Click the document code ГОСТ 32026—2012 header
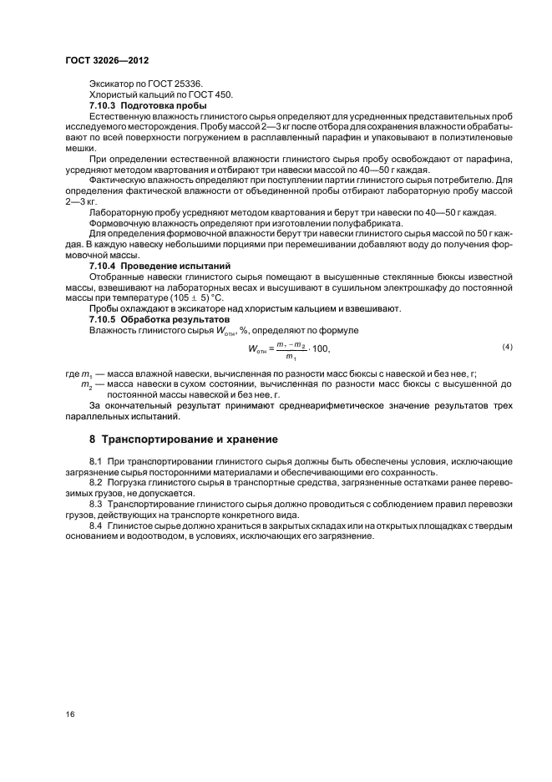coord(107,61)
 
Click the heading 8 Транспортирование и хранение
coord(184,439)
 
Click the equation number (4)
coord(506,347)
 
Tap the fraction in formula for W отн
coord(292,349)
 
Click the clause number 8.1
coord(95,462)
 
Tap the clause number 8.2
coord(95,483)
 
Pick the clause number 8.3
coord(95,505)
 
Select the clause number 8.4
coord(95,526)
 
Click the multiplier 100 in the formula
coord(321,348)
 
